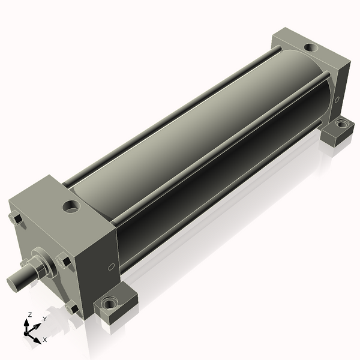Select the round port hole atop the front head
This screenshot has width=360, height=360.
pyautogui.click(x=72, y=206)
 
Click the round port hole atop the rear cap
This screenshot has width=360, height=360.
pyautogui.click(x=311, y=47)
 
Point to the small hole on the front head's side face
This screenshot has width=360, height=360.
pyautogui.click(x=111, y=267)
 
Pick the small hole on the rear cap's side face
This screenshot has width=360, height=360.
pyautogui.click(x=337, y=100)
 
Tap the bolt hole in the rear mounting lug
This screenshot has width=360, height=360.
pyautogui.click(x=341, y=124)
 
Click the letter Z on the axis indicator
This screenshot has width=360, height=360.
pyautogui.click(x=29, y=315)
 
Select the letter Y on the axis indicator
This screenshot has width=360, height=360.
pyautogui.click(x=45, y=319)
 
